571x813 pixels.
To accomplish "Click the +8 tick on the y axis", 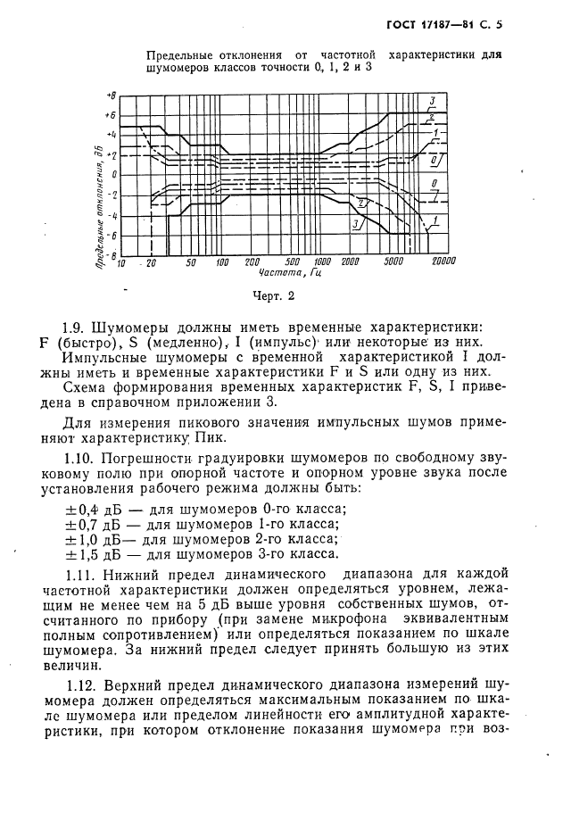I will click(x=111, y=95).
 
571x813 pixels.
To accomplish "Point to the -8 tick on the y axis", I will click(x=111, y=255).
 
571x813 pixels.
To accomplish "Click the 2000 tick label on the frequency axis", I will click(x=351, y=262).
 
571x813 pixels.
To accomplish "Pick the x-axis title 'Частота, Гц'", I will click(x=297, y=273).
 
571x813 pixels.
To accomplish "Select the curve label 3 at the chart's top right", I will click(x=432, y=99).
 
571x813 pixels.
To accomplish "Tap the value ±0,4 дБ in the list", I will click(x=88, y=508).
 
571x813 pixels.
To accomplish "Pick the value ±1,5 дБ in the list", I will click(x=88, y=553).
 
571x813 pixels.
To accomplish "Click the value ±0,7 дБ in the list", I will click(x=88, y=523).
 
